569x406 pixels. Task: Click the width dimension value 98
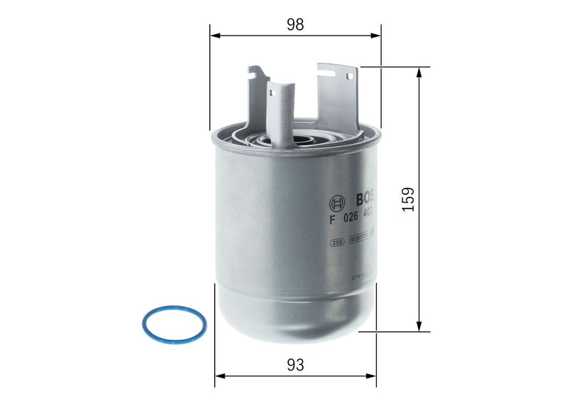[x=295, y=24]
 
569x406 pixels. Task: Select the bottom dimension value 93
[x=296, y=365]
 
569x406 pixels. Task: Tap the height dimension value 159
[x=407, y=199]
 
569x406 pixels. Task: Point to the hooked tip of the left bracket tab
[x=254, y=72]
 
